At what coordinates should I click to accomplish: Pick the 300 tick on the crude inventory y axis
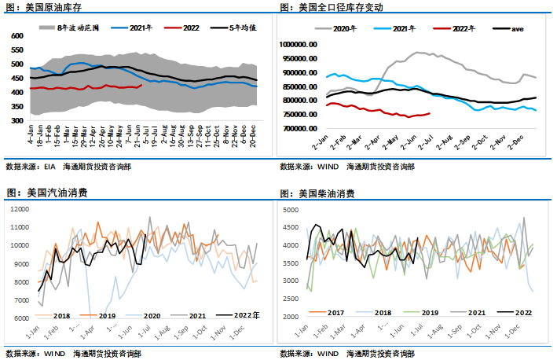coord(17,121)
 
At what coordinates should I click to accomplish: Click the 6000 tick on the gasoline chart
coord(20,318)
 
